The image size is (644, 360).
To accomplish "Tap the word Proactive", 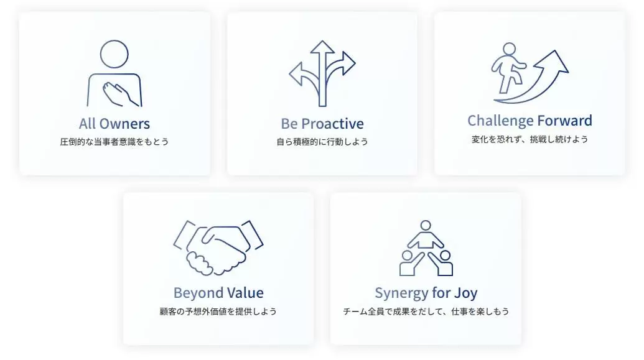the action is [332, 124].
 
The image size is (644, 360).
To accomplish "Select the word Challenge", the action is [500, 121].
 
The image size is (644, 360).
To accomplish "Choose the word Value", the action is [245, 293].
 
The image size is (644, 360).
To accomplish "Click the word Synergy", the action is [401, 293].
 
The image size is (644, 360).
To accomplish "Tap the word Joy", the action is [465, 293].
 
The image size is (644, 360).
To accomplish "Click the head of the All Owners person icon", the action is [114, 54].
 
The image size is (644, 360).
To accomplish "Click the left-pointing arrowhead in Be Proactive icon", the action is [296, 74].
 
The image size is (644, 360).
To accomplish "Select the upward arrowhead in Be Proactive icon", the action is [322, 47].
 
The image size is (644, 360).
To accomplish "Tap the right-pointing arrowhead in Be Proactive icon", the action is [349, 63].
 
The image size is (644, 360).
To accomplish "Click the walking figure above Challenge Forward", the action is [508, 68].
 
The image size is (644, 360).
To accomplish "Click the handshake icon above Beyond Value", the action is [218, 247].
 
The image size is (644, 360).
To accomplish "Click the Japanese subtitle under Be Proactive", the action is [322, 142].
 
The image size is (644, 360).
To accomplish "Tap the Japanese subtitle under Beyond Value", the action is [218, 312].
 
